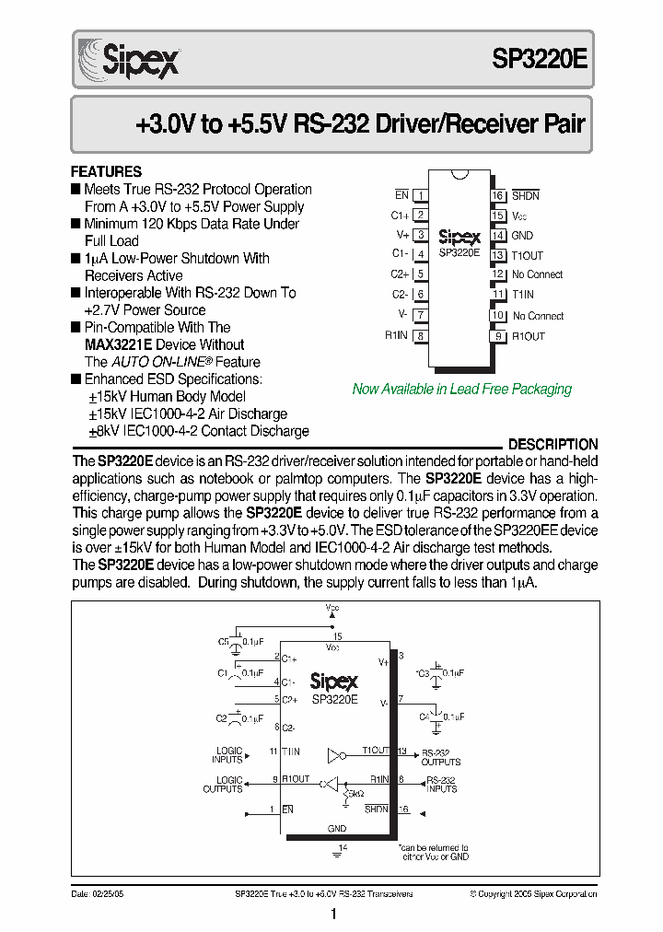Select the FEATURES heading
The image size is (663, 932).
point(106,171)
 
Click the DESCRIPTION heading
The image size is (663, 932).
point(552,444)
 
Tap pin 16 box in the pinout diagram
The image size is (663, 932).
point(497,195)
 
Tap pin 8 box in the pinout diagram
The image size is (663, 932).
point(420,336)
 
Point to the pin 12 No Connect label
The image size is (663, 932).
point(537,274)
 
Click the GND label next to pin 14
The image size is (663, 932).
point(522,236)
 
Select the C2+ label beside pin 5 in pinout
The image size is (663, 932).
point(400,274)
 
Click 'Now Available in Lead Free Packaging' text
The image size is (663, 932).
point(461,389)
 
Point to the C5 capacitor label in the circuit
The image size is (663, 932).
point(224,641)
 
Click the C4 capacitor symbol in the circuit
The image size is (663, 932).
point(438,716)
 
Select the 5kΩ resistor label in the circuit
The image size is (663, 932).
point(354,792)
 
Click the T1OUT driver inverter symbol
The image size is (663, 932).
point(336,756)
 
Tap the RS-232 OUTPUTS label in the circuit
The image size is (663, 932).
point(441,756)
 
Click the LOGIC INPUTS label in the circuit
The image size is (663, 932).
point(228,755)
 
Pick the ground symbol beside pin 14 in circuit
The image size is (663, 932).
point(337,854)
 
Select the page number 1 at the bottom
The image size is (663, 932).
point(332,915)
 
